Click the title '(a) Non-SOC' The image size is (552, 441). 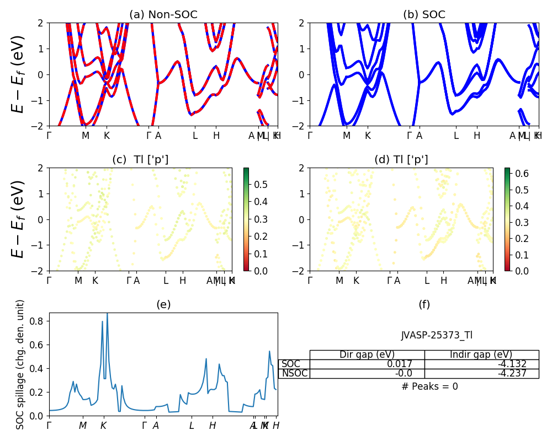coord(163,15)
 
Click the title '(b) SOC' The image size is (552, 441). coord(424,15)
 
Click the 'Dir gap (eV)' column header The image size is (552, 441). coord(367,354)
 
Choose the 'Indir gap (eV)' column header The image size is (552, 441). coord(481,354)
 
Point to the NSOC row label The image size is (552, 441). coord(295,373)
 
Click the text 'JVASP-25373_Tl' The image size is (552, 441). coord(437,335)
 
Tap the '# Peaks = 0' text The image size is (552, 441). coord(429,386)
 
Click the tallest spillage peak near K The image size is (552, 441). coord(107,314)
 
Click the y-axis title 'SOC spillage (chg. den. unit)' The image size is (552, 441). coord(20,364)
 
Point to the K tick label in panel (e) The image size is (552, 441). coord(103,426)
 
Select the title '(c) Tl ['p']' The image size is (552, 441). coord(140,160)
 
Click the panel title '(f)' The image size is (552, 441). coord(424,304)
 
